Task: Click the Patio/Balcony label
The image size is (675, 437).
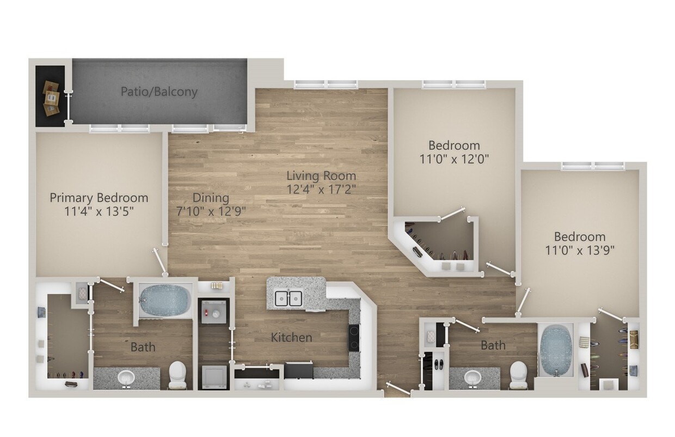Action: point(159,92)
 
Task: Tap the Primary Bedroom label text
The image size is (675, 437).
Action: point(99,197)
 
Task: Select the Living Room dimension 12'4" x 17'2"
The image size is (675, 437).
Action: point(321,190)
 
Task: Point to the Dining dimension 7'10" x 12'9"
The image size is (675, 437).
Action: point(211,211)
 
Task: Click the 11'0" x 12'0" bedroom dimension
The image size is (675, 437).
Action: point(454,159)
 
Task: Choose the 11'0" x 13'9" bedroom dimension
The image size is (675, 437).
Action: point(579,251)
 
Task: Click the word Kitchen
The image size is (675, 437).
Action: point(292,338)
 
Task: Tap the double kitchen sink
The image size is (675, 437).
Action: point(288,298)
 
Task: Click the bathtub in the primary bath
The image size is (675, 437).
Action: point(164,300)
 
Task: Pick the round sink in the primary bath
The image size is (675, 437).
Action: point(126,377)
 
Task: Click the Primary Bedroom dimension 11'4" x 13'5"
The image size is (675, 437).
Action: point(99,211)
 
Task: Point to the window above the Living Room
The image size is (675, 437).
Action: point(326,84)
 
